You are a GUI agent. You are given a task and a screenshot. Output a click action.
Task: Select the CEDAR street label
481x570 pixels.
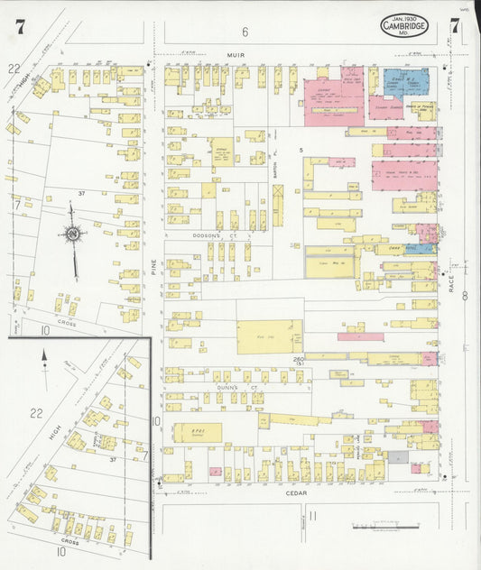[x=297, y=492]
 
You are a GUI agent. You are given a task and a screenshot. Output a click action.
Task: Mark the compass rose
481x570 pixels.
[x=72, y=234]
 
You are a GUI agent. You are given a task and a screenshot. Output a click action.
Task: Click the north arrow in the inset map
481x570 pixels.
[x=44, y=360]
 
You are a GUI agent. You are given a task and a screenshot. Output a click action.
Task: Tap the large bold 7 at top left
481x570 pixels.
[x=19, y=26]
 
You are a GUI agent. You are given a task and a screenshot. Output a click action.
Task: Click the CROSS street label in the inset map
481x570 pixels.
[x=69, y=543]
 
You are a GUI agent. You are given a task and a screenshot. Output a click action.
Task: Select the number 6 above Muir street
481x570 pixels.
[x=244, y=32]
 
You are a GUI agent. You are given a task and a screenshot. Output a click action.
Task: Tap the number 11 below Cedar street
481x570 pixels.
[x=312, y=516]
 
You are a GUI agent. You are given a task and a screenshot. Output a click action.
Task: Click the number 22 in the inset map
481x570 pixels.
[x=36, y=412]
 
